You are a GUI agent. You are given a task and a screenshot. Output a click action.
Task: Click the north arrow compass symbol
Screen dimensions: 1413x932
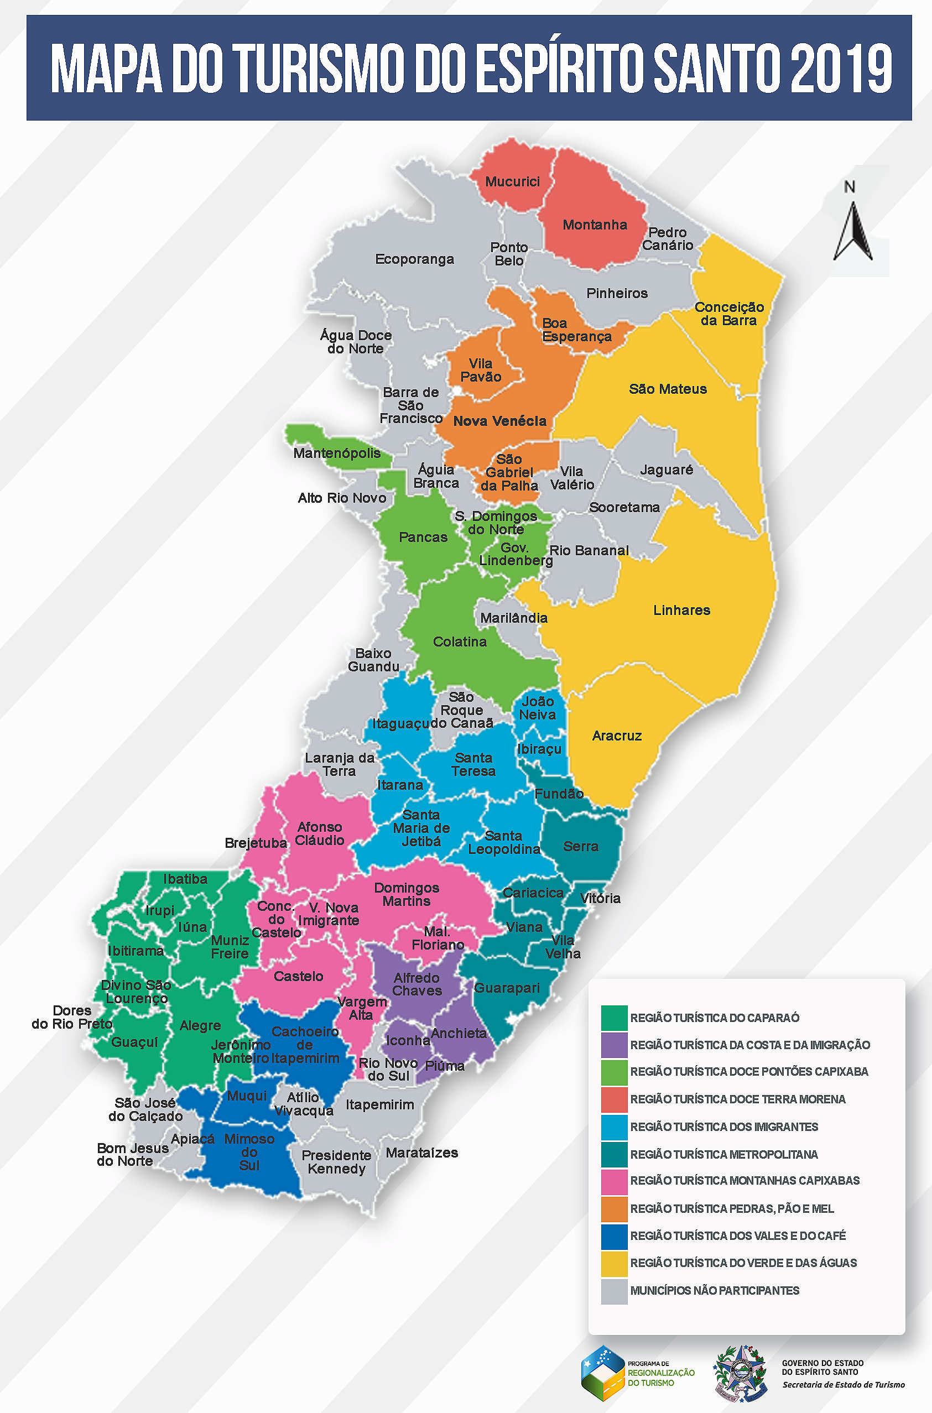[852, 231]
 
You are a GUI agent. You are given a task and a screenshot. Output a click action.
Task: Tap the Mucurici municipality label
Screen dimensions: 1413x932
[512, 182]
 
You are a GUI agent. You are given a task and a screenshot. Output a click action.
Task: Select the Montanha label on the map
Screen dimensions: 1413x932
[595, 225]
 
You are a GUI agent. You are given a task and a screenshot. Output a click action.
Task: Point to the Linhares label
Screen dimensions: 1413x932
[681, 610]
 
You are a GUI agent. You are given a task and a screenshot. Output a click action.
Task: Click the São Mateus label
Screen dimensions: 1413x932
[668, 389]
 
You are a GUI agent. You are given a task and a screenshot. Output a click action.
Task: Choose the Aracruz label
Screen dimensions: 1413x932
[616, 736]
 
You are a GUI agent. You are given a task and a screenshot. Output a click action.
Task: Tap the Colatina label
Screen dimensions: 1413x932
[460, 642]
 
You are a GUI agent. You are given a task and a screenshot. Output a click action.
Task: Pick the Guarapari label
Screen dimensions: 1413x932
[507, 988]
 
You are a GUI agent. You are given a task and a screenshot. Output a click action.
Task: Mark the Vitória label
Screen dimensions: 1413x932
[600, 899]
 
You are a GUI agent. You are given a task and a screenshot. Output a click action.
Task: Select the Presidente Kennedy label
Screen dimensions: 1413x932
[336, 1162]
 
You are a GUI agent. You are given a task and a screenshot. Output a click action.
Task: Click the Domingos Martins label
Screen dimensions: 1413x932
[407, 894]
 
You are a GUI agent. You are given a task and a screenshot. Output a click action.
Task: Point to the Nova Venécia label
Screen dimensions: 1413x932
[499, 421]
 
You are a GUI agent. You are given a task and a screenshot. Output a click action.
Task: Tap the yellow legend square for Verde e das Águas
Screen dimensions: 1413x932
[613, 1264]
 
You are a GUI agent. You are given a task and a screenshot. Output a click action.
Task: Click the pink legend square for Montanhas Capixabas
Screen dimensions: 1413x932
[613, 1181]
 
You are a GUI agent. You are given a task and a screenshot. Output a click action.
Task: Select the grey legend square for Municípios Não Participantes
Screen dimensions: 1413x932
[613, 1291]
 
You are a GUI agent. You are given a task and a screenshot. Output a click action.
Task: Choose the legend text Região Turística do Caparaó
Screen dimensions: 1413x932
[715, 1018]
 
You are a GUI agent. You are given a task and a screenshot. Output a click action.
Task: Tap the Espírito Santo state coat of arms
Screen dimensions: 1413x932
[741, 1374]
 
